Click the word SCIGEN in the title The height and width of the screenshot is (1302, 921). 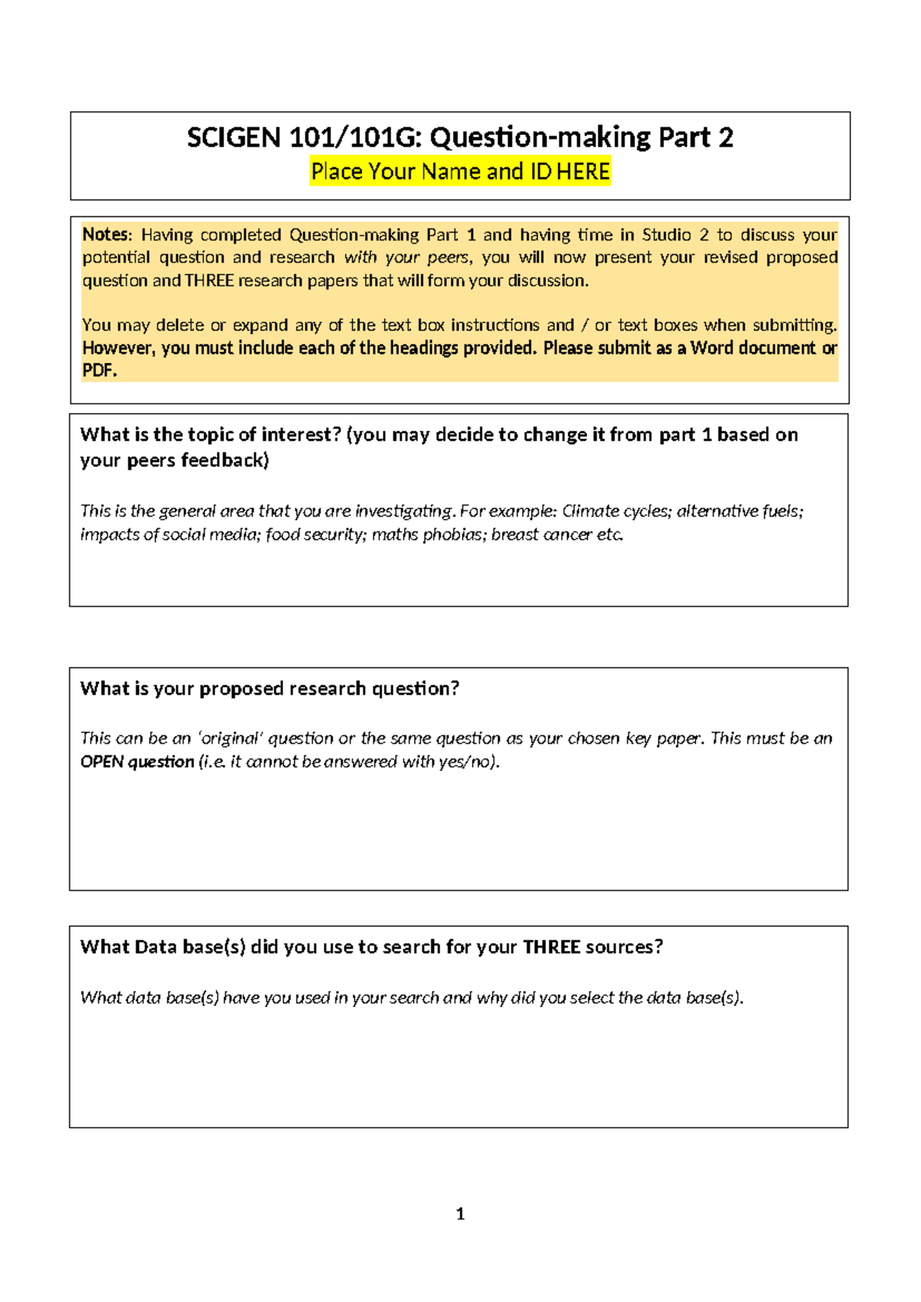[x=233, y=138]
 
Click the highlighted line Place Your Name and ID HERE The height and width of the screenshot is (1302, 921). [x=460, y=171]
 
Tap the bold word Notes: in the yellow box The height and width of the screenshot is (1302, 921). [x=107, y=235]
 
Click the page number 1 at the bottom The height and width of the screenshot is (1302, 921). [x=460, y=1214]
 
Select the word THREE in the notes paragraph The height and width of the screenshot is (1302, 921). [x=209, y=281]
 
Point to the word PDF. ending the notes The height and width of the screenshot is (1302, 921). [x=99, y=371]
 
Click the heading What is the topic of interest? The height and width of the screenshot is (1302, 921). [x=210, y=435]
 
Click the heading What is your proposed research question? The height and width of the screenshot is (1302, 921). [x=269, y=689]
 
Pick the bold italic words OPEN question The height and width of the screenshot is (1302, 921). [x=137, y=762]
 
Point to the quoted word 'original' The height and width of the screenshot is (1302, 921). [x=230, y=739]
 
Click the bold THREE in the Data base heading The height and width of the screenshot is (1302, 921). [x=551, y=947]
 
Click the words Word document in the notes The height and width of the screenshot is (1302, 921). [x=753, y=349]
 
